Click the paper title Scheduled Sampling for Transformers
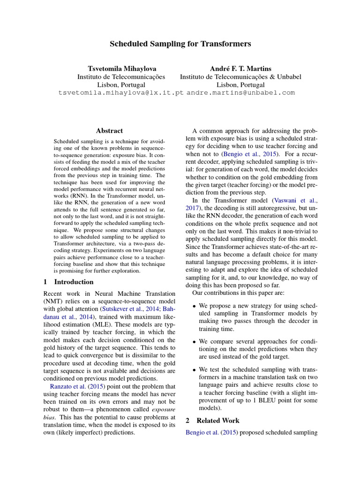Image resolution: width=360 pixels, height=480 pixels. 180,44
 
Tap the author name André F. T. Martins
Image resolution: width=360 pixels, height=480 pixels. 240,68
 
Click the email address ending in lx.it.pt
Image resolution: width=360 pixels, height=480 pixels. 121,93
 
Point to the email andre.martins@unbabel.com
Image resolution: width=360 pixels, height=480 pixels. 241,93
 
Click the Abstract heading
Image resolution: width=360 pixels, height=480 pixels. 109,131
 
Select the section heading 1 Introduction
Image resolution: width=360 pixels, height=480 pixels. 68,282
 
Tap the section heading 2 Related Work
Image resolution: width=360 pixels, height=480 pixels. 212,420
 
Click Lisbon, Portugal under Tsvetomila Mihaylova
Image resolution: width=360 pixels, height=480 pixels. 121,85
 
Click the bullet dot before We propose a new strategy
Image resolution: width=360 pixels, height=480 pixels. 195,306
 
